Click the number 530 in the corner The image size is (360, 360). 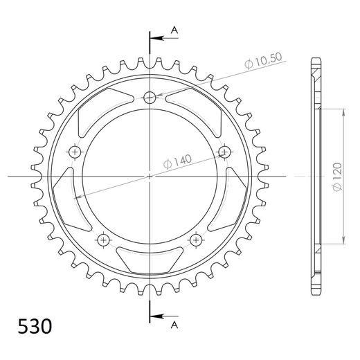pos(30,325)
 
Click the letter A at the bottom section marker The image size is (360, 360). pos(174,323)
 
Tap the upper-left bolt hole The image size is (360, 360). pos(75,151)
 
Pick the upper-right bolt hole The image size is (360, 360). pos(224,151)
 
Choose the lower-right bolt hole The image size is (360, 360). pos(197,240)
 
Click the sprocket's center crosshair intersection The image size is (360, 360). pos(150,177)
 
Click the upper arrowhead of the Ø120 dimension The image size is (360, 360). pos(341,111)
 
